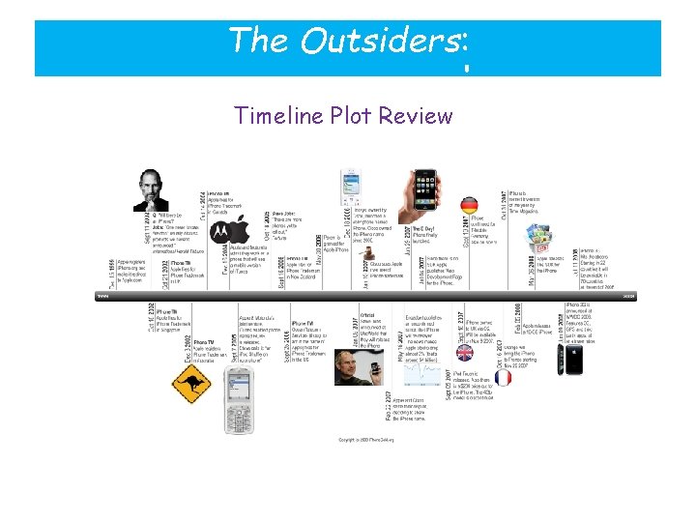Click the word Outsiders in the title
click(x=380, y=40)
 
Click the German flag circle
click(x=469, y=206)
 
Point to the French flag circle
click(x=504, y=378)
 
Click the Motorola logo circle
click(x=222, y=230)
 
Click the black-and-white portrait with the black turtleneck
click(x=151, y=190)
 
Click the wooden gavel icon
click(x=364, y=261)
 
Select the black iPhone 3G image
click(x=574, y=362)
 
